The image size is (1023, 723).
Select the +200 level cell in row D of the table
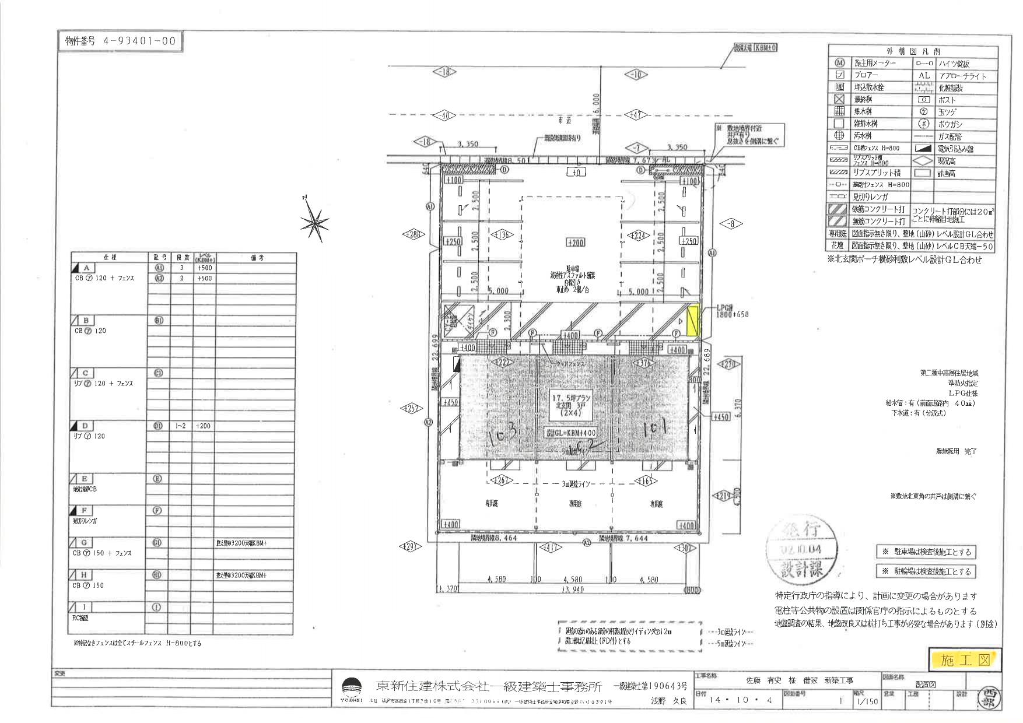204,426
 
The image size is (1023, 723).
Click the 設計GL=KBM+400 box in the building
571,433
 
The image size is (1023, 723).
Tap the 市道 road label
564,120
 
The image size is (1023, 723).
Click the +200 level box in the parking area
575,242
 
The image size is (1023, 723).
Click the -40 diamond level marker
444,115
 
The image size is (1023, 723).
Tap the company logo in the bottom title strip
351,687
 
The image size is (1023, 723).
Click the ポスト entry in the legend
948,100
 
